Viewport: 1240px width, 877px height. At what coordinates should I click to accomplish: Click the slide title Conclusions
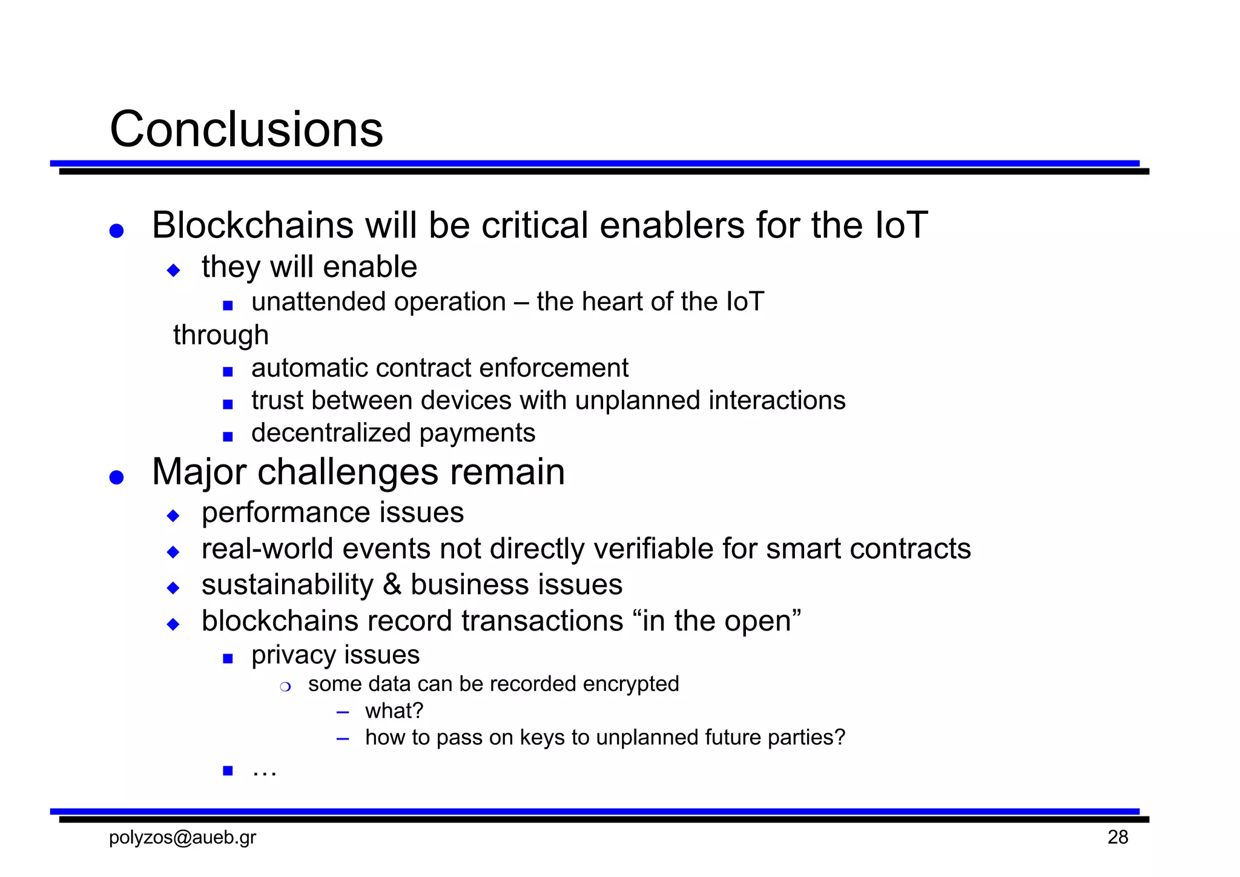point(246,130)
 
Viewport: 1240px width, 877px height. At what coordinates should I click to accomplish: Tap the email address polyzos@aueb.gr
point(182,837)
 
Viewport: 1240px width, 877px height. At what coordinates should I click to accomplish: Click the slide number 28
point(1118,837)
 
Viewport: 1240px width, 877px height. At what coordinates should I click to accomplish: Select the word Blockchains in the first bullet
point(252,225)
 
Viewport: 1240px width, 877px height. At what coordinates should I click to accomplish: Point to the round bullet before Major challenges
point(116,477)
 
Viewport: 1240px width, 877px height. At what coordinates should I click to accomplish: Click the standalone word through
point(221,335)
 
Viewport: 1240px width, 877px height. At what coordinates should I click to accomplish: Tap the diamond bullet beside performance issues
point(174,516)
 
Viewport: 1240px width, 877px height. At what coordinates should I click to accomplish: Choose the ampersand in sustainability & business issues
point(392,585)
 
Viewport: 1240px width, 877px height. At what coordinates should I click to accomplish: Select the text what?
point(394,711)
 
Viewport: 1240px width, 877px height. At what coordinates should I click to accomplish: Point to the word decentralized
point(331,433)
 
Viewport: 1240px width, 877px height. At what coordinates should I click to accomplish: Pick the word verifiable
point(655,549)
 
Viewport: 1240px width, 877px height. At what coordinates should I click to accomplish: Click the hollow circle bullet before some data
point(286,687)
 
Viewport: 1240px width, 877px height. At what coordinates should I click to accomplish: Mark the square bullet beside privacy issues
point(228,658)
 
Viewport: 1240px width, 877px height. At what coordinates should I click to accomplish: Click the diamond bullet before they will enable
point(174,270)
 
